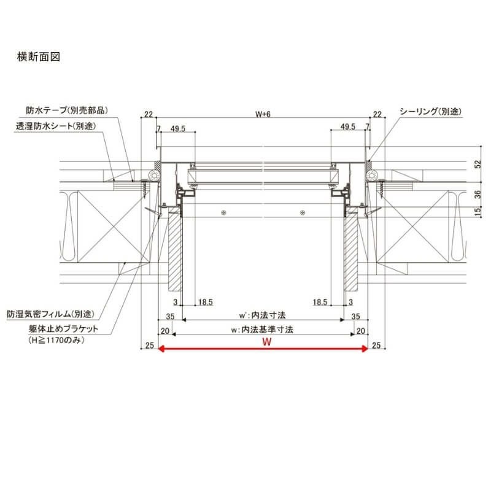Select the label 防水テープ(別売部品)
pyautogui.click(x=68, y=111)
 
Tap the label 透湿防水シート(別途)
pyautogui.click(x=56, y=126)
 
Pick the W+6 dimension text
pyautogui.click(x=263, y=114)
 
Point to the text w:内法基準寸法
pyautogui.click(x=262, y=330)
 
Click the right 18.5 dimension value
pyautogui.click(x=320, y=302)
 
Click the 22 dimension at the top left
pyautogui.click(x=149, y=114)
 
